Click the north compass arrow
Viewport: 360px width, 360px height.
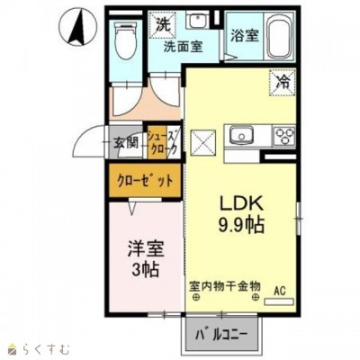[x=78, y=26]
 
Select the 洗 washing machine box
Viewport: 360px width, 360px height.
[x=164, y=23]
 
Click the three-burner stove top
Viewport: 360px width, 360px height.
[x=288, y=137]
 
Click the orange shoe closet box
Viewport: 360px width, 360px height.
[x=164, y=140]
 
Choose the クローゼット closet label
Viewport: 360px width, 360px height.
[x=144, y=179]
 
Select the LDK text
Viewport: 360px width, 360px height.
[x=237, y=202]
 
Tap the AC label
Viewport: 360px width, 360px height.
[x=280, y=290]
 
